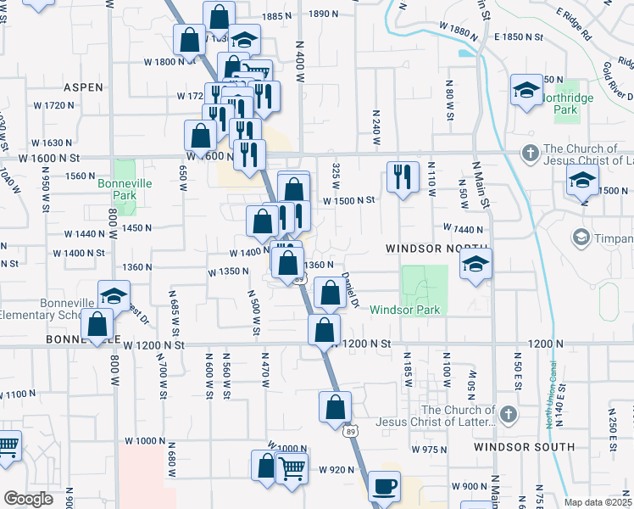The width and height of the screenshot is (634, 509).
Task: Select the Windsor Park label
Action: click(x=404, y=310)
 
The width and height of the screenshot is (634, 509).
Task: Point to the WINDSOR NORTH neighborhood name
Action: click(x=425, y=249)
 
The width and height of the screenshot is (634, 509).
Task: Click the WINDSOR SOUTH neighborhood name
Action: click(x=514, y=446)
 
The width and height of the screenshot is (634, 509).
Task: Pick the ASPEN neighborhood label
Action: click(x=83, y=87)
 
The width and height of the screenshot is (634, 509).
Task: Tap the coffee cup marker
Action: click(x=384, y=487)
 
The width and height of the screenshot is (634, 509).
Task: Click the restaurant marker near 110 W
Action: click(x=402, y=176)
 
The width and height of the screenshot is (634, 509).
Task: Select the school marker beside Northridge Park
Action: click(x=526, y=90)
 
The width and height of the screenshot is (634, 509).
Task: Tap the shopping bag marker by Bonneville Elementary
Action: click(x=98, y=324)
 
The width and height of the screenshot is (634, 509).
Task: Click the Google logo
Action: click(x=28, y=499)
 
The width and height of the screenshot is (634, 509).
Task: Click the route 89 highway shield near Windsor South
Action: click(x=351, y=432)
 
